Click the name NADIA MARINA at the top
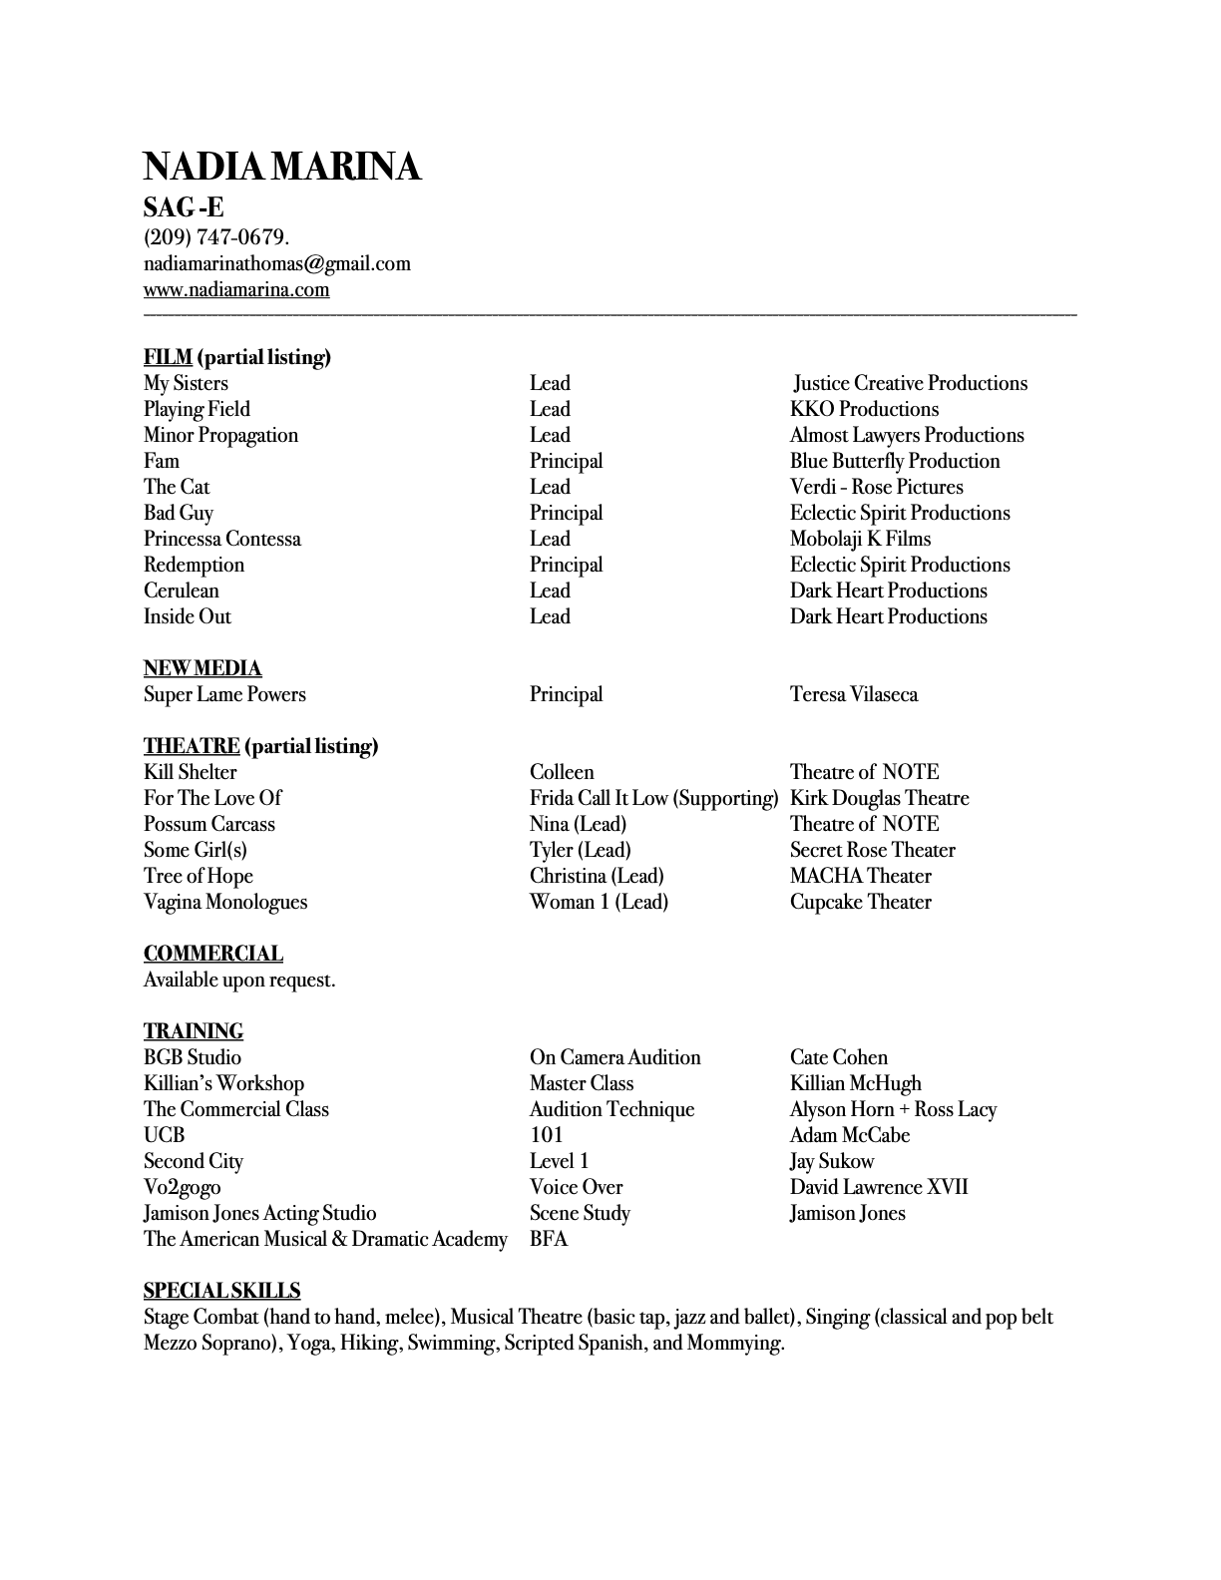282,167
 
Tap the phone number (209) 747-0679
215,237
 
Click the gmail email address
277,263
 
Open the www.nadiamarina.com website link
236,289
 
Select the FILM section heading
168,357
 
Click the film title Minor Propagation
220,435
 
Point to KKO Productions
864,409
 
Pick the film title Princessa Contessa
221,539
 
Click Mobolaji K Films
860,539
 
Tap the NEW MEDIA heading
203,668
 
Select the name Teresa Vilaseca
854,694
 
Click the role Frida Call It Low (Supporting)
653,798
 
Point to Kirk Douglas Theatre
879,798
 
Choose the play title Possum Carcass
208,824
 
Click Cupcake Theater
860,902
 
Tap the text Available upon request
239,980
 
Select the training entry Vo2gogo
183,1187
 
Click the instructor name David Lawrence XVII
879,1187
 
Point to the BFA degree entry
549,1239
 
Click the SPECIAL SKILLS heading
221,1291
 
